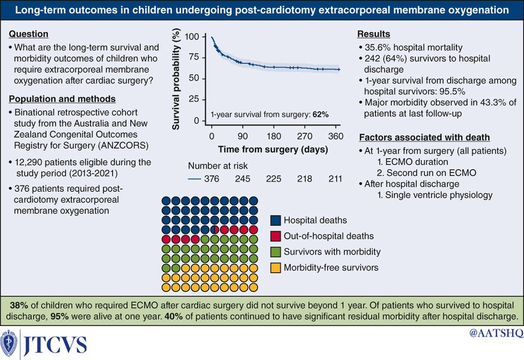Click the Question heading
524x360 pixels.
point(29,34)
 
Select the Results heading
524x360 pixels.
point(374,34)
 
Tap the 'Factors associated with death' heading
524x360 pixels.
point(424,138)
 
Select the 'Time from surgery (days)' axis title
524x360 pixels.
point(273,149)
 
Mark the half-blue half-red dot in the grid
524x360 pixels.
point(215,229)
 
